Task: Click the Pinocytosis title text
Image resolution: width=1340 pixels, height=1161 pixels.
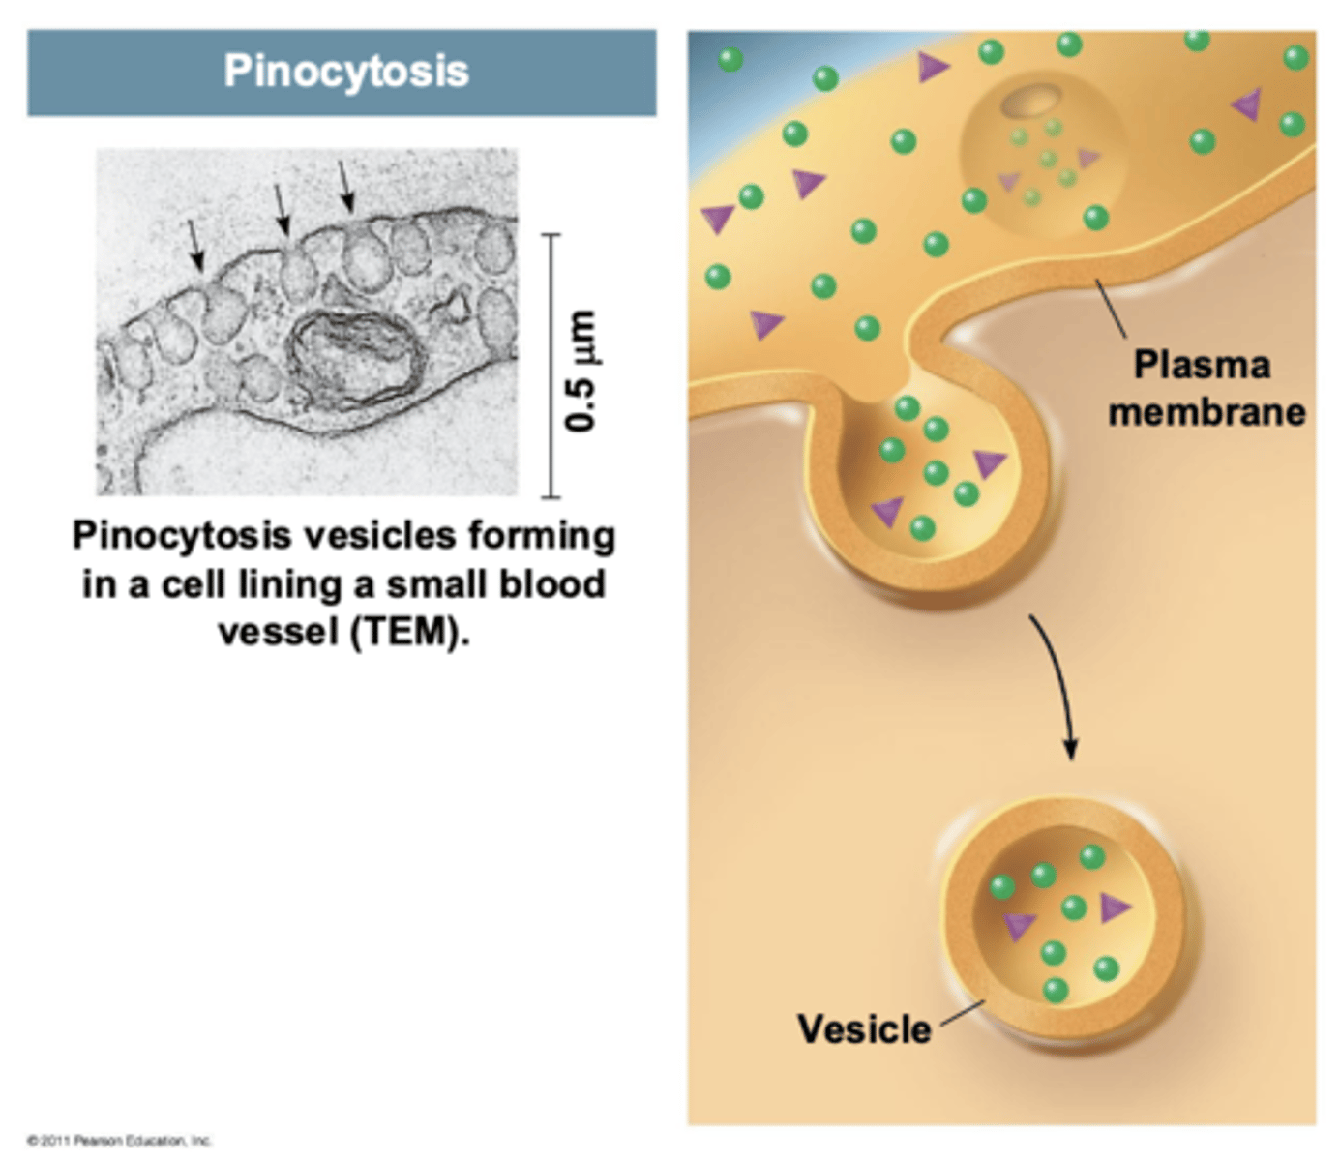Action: [x=345, y=72]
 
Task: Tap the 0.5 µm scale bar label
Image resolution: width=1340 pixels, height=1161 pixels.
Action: [x=581, y=371]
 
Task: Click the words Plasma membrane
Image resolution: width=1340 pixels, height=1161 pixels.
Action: [x=1206, y=388]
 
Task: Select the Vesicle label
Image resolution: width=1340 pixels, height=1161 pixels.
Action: [x=864, y=1028]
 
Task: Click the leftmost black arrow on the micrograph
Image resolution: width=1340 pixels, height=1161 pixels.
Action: [x=195, y=244]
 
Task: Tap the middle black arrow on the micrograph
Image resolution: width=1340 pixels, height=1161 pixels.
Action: [x=281, y=209]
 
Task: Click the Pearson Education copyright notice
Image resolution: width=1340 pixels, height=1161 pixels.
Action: [x=119, y=1141]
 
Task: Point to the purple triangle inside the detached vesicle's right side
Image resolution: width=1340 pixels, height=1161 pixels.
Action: [x=1115, y=908]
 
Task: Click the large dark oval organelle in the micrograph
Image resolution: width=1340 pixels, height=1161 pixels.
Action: [x=356, y=358]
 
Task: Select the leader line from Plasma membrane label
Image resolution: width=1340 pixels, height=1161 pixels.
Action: [x=1111, y=308]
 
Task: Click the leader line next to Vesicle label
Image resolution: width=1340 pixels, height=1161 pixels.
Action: [x=962, y=1014]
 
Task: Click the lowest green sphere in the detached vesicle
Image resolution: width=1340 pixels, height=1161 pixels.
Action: [x=1056, y=990]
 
